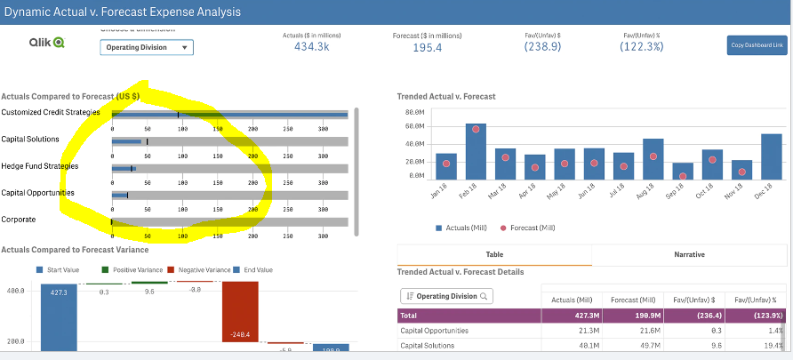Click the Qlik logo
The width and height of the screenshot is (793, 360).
tap(47, 43)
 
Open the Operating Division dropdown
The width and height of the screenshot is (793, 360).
tap(146, 47)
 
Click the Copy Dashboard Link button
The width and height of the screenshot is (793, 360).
tap(757, 45)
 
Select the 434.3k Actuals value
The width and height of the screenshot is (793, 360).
tap(311, 47)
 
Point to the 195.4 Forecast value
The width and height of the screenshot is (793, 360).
tap(428, 47)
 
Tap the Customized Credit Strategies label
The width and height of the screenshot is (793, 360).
tap(50, 112)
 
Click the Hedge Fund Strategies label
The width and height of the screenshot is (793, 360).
tap(39, 166)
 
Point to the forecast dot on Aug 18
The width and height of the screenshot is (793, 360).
tap(653, 156)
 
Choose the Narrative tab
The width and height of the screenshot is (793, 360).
tap(689, 254)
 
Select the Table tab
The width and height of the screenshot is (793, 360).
tap(493, 254)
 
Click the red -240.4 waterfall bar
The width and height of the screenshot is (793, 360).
tap(240, 311)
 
